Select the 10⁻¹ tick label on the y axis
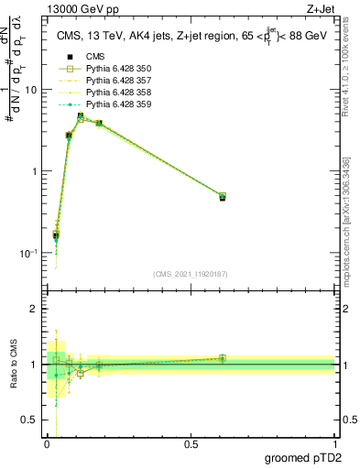pyautogui.click(x=29, y=253)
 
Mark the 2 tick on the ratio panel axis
pyautogui.click(x=36, y=309)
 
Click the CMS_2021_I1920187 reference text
pyautogui.click(x=191, y=273)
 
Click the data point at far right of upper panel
pyautogui.click(x=223, y=197)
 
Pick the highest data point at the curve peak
pyautogui.click(x=81, y=116)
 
